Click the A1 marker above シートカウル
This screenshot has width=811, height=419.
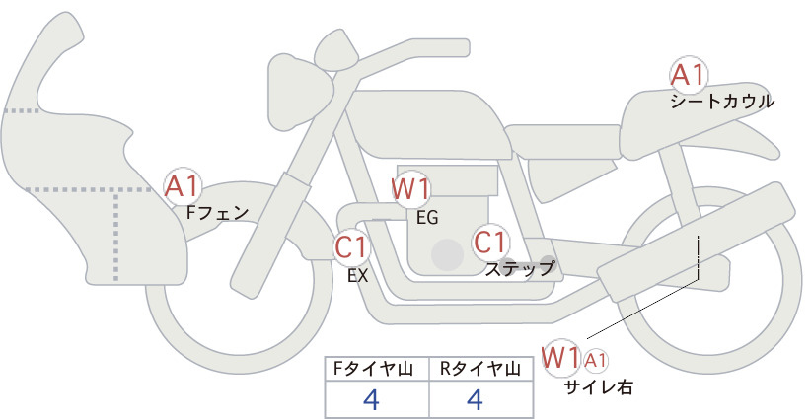tap(689, 75)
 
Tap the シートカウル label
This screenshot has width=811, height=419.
tap(722, 102)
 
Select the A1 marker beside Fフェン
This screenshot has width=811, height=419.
tap(183, 186)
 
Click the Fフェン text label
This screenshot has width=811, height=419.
tap(217, 213)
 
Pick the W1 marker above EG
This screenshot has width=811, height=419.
tap(409, 189)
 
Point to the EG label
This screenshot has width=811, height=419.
tap(427, 218)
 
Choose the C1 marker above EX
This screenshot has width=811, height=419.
tap(351, 246)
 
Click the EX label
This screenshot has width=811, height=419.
tap(357, 276)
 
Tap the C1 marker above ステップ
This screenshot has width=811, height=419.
tap(489, 243)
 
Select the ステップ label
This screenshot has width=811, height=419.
tap(519, 269)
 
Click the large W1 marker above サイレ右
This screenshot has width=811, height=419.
tap(560, 358)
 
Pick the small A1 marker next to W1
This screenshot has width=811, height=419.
tap(595, 361)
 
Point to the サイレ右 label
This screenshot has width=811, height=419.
tap(598, 387)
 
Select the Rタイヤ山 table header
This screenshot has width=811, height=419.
tap(480, 369)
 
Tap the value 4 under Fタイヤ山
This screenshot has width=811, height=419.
tap(372, 399)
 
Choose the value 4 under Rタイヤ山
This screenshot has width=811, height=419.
tap(476, 399)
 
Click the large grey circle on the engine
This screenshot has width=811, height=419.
tap(447, 254)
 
